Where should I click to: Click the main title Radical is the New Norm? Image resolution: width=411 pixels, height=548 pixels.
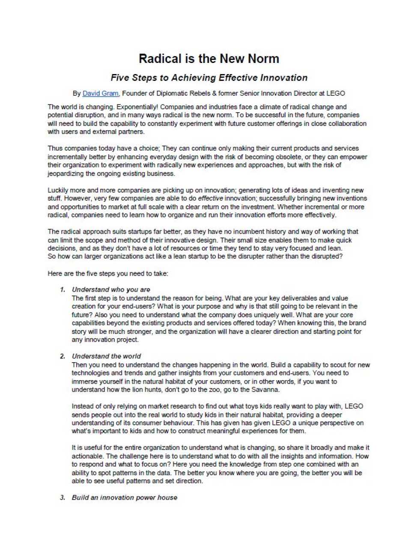coord(209,59)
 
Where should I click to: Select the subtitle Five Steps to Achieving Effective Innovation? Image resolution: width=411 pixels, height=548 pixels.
coord(209,78)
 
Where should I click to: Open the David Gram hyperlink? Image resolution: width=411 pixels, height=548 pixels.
coord(100,93)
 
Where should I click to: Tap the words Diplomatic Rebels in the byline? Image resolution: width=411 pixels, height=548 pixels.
coord(183,93)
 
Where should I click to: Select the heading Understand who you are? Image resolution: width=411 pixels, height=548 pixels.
coord(111,290)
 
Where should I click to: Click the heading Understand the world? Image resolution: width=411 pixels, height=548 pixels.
coord(106,356)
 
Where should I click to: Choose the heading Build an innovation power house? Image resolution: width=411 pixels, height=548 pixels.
coord(124,497)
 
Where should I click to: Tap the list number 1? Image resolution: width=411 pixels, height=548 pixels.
coord(63,290)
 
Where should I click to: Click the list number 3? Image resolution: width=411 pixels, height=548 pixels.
coord(63,497)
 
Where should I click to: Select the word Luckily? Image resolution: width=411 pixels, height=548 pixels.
coord(57,190)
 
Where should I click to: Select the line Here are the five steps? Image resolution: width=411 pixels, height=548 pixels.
coord(108,274)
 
